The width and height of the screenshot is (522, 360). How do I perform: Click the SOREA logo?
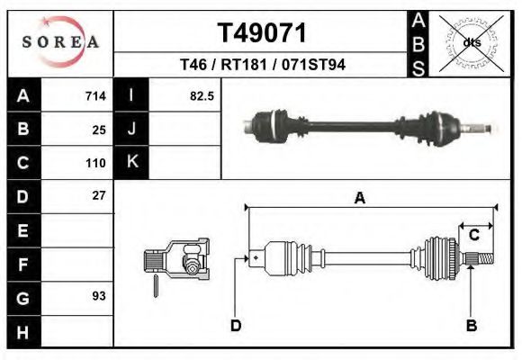coord(60,41)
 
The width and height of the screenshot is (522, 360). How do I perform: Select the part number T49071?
coord(262,33)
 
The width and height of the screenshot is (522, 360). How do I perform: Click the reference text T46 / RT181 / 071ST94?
coord(262,65)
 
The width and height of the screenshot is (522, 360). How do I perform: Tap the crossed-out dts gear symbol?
coord(472,42)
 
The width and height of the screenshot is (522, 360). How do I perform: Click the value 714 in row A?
coord(94,95)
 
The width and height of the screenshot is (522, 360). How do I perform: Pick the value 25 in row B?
coord(99,130)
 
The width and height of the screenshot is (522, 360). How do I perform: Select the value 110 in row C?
coord(95,164)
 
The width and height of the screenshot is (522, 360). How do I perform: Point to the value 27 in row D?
coord(99,195)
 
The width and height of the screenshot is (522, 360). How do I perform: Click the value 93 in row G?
coord(99,295)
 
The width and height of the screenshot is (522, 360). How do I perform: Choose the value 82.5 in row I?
coord(201,95)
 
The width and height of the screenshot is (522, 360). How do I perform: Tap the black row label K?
coord(131,162)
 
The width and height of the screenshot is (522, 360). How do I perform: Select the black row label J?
coord(131,129)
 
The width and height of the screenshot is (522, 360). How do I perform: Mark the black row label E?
coord(22,230)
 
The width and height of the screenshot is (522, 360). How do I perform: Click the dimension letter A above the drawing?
coord(359,199)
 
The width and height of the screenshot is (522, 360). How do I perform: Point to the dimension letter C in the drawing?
coord(473,235)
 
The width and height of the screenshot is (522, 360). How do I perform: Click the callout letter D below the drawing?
coord(236,326)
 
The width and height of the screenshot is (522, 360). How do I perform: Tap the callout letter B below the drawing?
coord(471,326)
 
